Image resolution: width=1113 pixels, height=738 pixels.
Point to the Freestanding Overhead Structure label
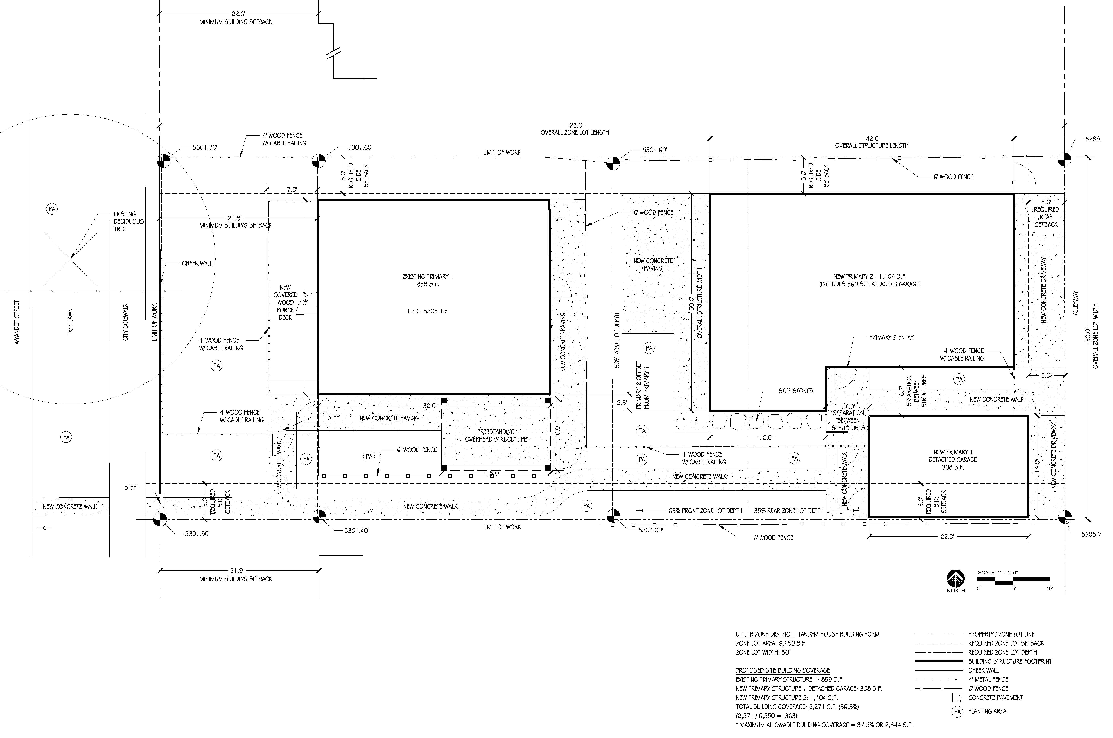(496, 435)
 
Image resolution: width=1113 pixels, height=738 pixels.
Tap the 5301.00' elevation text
(650, 530)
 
